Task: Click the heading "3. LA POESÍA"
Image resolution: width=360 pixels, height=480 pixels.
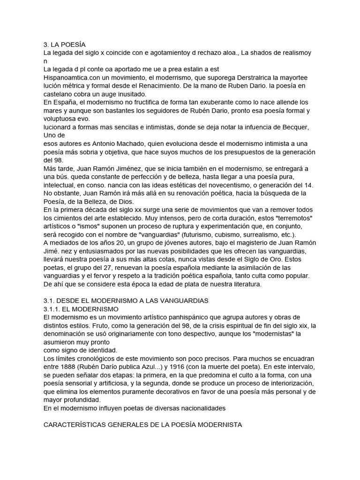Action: [65, 45]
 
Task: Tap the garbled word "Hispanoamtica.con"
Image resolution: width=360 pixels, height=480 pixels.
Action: [73, 77]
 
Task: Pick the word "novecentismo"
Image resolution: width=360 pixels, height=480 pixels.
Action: [231, 185]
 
